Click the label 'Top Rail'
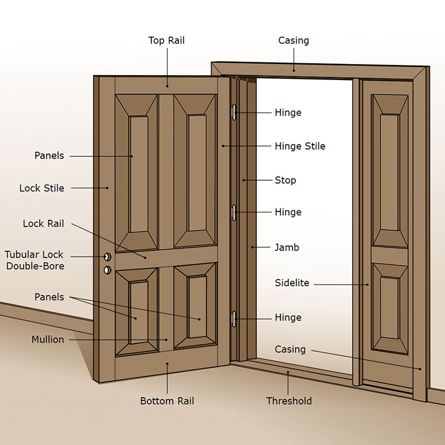pos(166,41)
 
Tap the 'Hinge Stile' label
pos(300,146)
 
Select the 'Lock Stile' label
pos(42,188)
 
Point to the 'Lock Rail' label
pos(43,224)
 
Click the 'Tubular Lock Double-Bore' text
pos(34,260)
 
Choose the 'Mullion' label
pos(48,339)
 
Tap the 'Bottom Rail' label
pos(167,400)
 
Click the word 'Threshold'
pos(289,400)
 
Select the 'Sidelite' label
pos(291,283)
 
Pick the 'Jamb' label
pos(287,247)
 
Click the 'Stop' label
pos(285,180)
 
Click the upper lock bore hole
pos(107,257)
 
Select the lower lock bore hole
pos(107,270)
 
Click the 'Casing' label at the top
pos(293,41)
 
